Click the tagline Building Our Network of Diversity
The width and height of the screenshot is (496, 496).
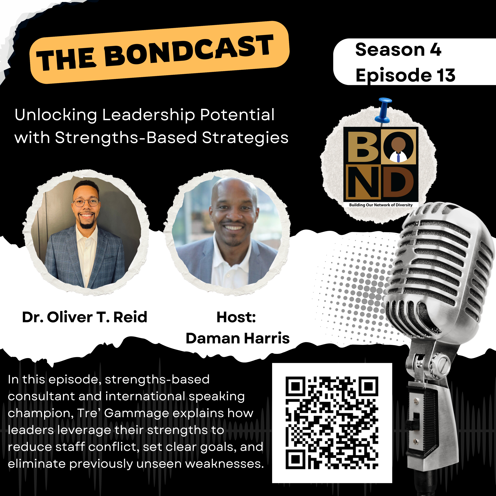pyautogui.click(x=381, y=205)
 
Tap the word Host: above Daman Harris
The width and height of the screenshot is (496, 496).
pyautogui.click(x=236, y=317)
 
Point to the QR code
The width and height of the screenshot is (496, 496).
pyautogui.click(x=332, y=423)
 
